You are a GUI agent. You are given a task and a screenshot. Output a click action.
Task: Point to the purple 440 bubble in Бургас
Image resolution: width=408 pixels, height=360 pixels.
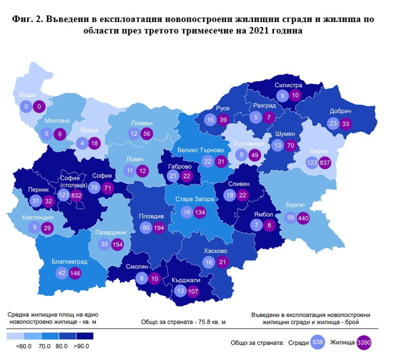coord(303,218)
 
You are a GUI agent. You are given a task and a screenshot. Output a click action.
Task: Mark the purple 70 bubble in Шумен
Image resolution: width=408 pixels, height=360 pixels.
coord(293,146)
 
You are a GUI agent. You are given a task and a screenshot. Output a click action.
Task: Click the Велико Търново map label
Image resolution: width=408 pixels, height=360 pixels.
coord(200,149)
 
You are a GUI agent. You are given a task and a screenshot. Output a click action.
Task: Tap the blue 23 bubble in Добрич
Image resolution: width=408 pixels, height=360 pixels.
coord(334,123)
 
